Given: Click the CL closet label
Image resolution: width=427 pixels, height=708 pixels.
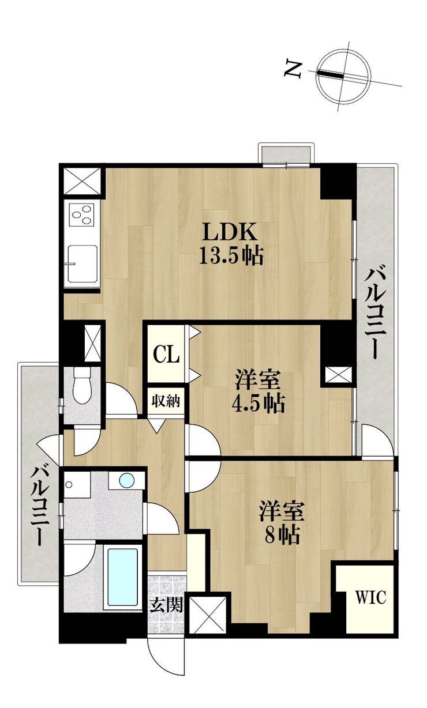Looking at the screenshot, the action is [x=166, y=355].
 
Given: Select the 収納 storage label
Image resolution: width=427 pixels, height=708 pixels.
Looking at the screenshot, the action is [x=166, y=401].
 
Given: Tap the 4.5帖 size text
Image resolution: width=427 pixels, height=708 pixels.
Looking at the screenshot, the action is [x=258, y=404].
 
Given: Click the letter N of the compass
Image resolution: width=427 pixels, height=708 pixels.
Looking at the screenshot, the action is [x=293, y=69].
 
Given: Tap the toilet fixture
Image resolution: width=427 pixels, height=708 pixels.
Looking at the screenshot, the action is [x=82, y=385].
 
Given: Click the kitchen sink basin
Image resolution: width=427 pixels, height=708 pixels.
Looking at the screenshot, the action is [x=83, y=263].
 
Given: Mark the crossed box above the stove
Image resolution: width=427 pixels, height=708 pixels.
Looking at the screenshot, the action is [x=82, y=181].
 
